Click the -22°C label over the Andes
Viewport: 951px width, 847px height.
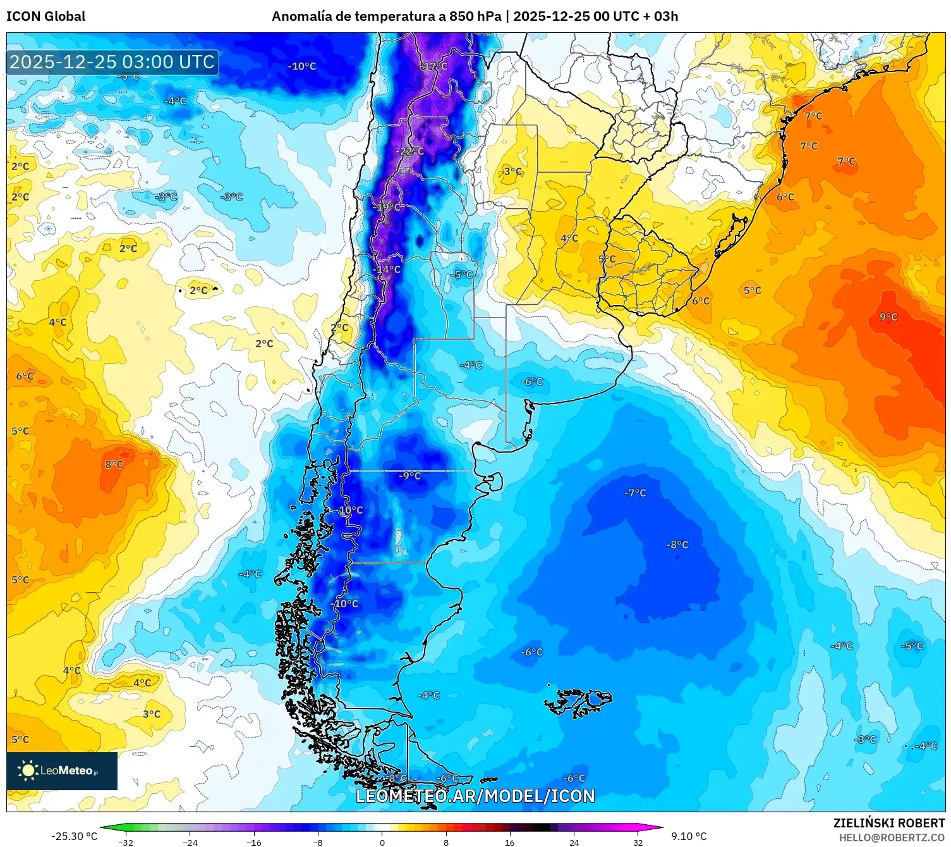[x=410, y=151]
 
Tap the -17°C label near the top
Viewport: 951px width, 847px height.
[x=435, y=66]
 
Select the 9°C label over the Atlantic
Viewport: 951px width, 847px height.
[x=888, y=317]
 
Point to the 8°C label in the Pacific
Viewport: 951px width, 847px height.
[x=114, y=464]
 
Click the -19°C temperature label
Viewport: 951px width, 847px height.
[x=387, y=207]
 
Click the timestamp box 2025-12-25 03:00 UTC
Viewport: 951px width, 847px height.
[x=112, y=62]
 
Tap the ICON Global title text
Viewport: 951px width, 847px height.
[x=45, y=16]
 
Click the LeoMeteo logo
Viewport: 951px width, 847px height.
[x=62, y=770]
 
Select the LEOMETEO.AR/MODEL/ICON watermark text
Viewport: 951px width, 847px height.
[x=475, y=796]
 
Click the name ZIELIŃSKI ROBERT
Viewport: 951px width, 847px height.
[x=888, y=823]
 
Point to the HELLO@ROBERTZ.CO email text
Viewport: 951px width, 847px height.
[x=891, y=838]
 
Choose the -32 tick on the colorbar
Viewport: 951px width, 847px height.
[x=126, y=842]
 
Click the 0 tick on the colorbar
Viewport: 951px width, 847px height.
[x=382, y=842]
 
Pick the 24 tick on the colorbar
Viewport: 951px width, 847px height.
[x=574, y=842]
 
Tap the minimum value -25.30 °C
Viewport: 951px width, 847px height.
[x=75, y=836]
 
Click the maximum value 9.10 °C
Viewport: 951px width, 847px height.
[x=689, y=836]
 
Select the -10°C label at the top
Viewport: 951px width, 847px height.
[x=301, y=66]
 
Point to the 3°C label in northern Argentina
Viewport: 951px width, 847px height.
[x=512, y=171]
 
